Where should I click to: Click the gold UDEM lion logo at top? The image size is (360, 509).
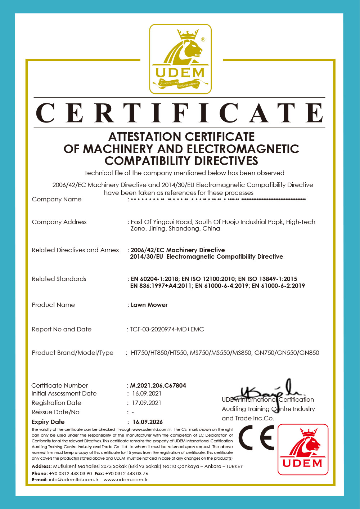click(180, 59)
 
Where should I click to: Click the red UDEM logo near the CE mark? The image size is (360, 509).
click(303, 449)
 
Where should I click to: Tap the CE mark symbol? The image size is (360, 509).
click(256, 438)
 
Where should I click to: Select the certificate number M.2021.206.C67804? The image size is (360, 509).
click(158, 385)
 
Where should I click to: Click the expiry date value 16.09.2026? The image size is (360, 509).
click(148, 422)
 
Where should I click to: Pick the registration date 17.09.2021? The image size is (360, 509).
click(147, 403)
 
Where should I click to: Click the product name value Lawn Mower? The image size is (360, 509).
click(149, 305)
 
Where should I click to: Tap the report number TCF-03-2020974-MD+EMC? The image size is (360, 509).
click(167, 329)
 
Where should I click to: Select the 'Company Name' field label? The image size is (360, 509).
click(57, 199)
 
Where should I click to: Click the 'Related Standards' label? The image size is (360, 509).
click(59, 279)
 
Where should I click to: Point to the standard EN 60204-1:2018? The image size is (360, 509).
click(155, 279)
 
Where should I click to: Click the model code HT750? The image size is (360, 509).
click(139, 353)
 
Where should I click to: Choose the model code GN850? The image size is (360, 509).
click(310, 353)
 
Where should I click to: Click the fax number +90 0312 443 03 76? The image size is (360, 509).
click(127, 473)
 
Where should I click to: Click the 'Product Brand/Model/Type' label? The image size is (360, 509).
click(73, 353)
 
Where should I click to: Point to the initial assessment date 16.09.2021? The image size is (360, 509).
click(147, 393)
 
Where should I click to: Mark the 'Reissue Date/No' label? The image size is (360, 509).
click(55, 412)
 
